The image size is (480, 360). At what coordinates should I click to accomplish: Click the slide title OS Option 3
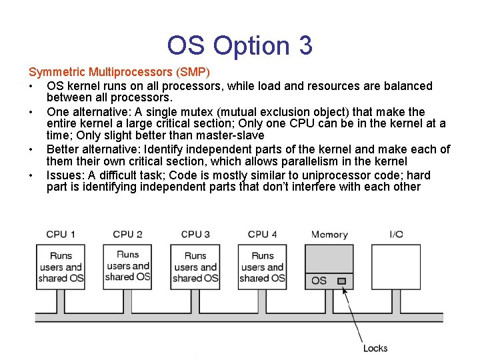point(239,45)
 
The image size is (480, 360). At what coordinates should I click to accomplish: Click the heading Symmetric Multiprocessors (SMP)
point(119,71)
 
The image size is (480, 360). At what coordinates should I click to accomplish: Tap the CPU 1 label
point(61,234)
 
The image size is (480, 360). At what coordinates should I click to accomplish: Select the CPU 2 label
point(127,234)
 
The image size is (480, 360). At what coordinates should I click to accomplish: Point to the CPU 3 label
point(195,234)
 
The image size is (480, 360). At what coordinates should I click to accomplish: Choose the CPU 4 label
point(262,234)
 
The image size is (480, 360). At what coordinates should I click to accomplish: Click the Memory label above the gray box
point(329,235)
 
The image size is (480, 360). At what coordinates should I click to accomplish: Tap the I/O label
point(396,234)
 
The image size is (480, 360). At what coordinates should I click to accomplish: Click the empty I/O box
point(396,267)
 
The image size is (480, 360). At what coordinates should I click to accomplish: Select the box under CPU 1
point(61,267)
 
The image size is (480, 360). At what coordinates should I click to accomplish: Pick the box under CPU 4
point(262,267)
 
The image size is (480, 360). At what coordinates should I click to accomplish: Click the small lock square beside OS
point(341,281)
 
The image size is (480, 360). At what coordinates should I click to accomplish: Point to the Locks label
point(375,348)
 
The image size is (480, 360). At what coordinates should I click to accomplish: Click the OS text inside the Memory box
point(319,281)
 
